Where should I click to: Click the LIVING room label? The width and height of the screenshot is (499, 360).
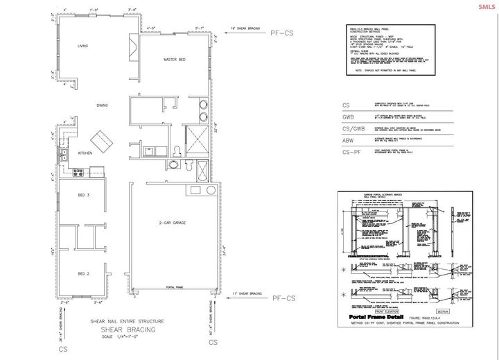(83, 46)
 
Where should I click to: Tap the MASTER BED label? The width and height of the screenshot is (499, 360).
(175, 60)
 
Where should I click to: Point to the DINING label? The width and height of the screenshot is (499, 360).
(103, 105)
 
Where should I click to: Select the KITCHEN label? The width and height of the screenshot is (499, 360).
(85, 153)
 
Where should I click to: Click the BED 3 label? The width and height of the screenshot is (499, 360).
(84, 196)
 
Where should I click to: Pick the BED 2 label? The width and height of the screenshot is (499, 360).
(84, 273)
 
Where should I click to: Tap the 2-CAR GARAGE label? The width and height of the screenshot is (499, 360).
(170, 222)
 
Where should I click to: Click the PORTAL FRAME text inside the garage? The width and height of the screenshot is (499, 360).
(175, 286)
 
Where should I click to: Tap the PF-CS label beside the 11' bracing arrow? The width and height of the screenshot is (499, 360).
(282, 298)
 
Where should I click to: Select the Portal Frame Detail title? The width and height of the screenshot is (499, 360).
(376, 316)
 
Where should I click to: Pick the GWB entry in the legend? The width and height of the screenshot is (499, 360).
(349, 118)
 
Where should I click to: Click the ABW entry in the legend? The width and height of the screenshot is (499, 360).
(349, 140)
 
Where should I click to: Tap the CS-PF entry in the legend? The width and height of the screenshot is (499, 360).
(351, 151)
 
